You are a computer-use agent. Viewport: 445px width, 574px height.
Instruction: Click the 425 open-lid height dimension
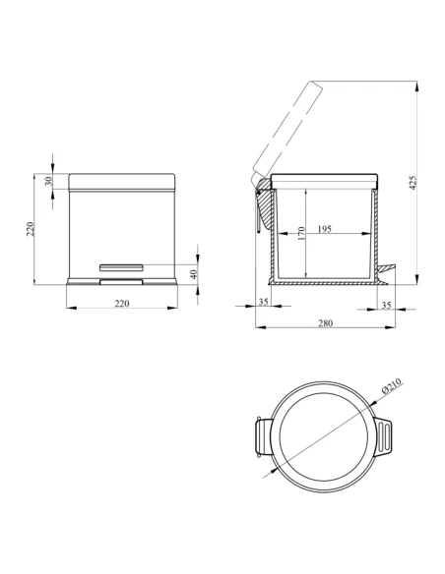413,183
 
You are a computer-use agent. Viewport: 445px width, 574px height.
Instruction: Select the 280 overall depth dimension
326,322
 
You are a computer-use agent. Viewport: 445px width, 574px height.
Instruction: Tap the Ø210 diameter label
392,385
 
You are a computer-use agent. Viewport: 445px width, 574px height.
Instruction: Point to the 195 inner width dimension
325,229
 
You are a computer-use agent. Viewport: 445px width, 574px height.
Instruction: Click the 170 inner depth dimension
301,234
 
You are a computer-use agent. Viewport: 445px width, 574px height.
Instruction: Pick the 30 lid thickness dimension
48,181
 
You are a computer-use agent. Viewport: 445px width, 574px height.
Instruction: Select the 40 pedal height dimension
194,274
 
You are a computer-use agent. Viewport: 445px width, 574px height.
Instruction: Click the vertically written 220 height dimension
31,229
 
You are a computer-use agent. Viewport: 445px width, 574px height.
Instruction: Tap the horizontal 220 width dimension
122,303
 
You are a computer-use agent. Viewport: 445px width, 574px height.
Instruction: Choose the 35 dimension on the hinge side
264,302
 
